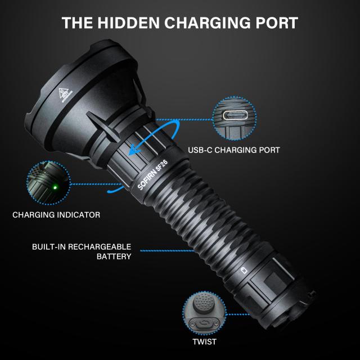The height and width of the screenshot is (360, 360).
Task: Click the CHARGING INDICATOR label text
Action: [56, 215]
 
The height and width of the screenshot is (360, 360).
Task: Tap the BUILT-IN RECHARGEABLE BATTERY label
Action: [82, 251]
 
